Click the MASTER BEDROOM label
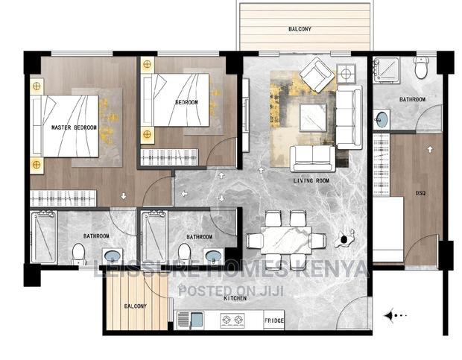point(74,128)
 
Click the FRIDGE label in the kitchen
point(273,321)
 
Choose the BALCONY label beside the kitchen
point(136,306)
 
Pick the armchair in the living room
point(318,75)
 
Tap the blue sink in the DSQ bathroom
point(381,119)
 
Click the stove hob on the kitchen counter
point(230,321)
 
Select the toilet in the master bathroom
point(78,254)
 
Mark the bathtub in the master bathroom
point(43,237)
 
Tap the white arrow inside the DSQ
point(430,149)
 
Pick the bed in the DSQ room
point(387,231)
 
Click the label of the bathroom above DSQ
point(412,99)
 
